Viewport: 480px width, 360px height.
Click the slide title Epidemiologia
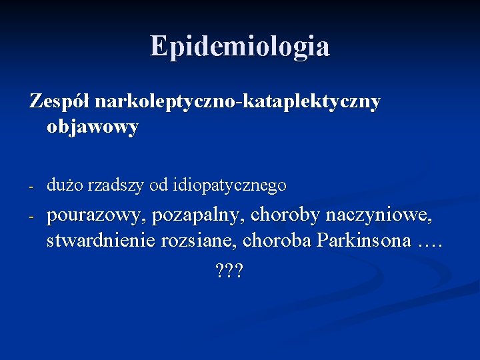(239, 47)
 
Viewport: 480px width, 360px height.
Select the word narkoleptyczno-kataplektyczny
(238, 103)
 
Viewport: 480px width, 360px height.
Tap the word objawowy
(93, 127)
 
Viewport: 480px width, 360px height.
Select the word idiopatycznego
(230, 186)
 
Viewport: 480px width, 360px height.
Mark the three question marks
(230, 271)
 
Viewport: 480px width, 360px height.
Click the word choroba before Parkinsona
(274, 241)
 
